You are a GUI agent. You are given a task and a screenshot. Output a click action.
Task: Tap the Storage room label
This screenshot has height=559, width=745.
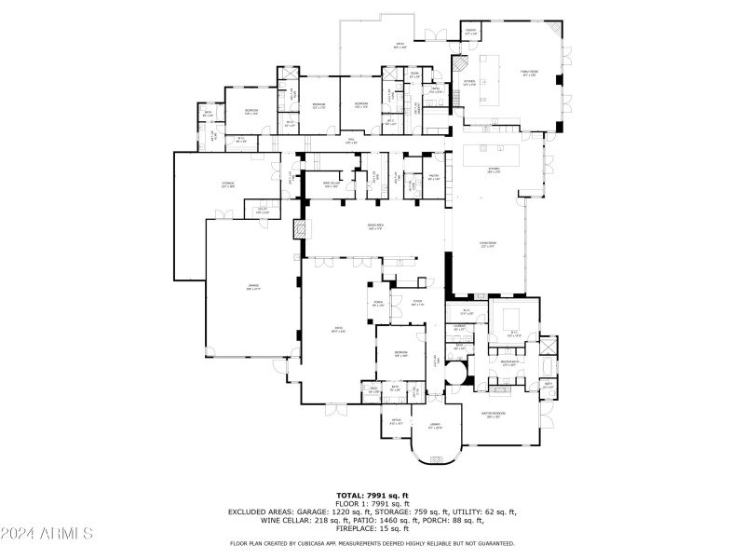[227, 184]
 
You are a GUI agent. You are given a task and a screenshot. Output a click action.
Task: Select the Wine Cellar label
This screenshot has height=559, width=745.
[330, 184]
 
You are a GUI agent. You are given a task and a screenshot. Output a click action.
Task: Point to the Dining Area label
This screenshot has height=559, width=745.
[375, 226]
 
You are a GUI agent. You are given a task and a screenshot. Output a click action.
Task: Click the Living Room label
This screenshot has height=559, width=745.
[488, 245]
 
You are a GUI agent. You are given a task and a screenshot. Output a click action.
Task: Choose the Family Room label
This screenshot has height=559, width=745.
[531, 73]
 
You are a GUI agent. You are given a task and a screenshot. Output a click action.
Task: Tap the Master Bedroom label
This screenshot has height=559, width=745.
[493, 416]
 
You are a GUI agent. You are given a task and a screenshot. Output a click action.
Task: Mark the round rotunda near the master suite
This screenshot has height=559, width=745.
[456, 373]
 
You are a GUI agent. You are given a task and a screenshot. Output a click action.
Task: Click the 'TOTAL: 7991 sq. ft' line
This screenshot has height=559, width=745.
[372, 495]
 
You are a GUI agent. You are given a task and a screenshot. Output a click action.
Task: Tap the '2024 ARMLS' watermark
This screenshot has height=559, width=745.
[47, 534]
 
